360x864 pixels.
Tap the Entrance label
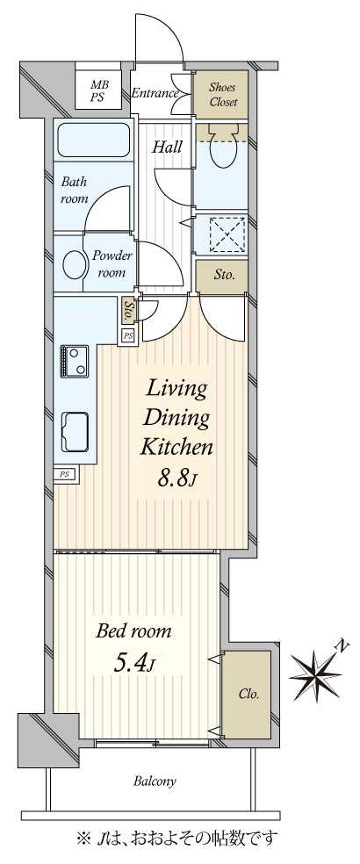coord(155,93)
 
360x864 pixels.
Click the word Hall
coord(167,147)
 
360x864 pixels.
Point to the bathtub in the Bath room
coord(94,140)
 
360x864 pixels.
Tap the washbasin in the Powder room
coord(72,264)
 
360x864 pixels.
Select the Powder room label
coord(111,264)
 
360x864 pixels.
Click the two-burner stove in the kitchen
coord(75,361)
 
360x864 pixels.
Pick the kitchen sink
coord(75,431)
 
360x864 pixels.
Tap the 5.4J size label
coord(133,664)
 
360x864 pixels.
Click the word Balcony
coord(155,781)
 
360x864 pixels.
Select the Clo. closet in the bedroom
coord(248,695)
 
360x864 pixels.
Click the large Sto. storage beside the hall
coord(222,275)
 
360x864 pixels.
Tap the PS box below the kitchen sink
coord(65,474)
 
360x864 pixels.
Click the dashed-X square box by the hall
coord(227,234)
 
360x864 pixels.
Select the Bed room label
coord(133,631)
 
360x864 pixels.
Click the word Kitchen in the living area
coord(176,447)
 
